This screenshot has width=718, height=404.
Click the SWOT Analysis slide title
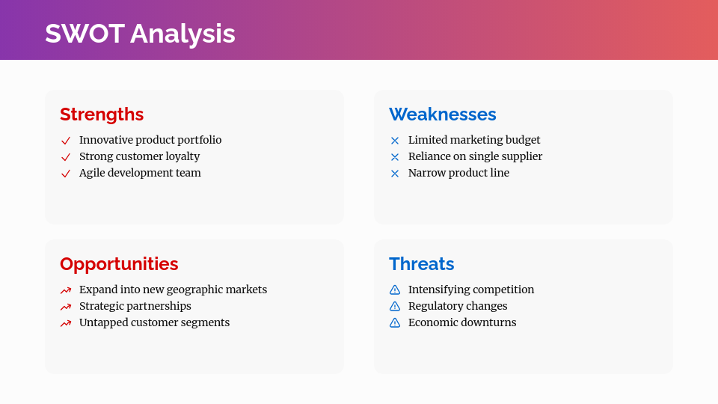140,34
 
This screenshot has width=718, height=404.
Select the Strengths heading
102,114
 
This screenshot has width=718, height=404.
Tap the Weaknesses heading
442,114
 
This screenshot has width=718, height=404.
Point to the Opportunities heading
119,264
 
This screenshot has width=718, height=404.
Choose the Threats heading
421,264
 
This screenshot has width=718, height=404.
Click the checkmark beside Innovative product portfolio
66,141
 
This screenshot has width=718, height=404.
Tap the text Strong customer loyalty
139,156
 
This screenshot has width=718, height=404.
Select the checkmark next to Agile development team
66,174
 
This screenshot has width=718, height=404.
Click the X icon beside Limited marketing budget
395,141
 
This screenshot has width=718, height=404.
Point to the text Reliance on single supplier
475,156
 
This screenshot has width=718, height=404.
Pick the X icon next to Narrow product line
395,174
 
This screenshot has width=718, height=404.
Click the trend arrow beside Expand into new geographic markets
66,290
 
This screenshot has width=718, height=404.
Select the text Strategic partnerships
135,306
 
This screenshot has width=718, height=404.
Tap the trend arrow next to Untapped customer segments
66,323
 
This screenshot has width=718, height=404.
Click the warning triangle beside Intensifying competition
395,290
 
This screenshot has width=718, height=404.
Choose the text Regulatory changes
457,306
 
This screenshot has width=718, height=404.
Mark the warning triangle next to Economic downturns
395,322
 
